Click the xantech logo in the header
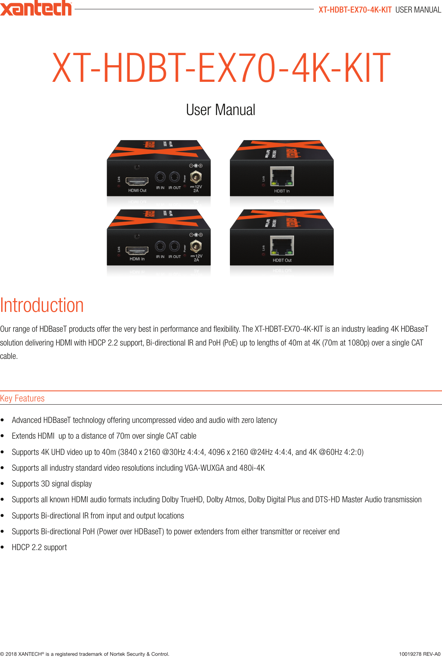click(36, 8)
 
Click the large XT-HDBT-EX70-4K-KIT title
click(221, 68)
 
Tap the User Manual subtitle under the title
click(221, 110)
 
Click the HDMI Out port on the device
click(137, 181)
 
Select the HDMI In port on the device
click(137, 250)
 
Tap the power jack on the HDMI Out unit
click(196, 177)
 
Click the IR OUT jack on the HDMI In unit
click(174, 246)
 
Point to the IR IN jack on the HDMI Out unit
click(160, 177)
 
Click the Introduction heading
click(42, 305)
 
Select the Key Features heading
click(22, 398)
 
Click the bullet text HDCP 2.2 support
click(39, 547)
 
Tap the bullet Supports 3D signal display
click(52, 484)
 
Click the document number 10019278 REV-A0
click(419, 654)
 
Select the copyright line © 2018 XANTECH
click(84, 654)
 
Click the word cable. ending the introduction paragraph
click(9, 356)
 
